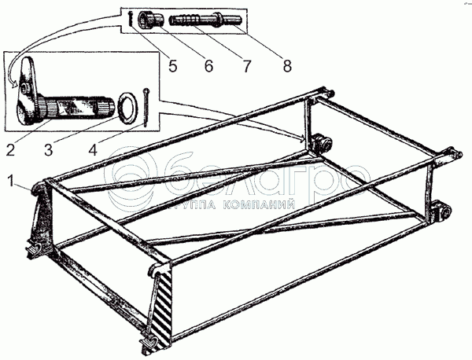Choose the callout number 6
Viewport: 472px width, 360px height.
point(209,68)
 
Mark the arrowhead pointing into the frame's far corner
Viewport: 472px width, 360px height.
point(304,138)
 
